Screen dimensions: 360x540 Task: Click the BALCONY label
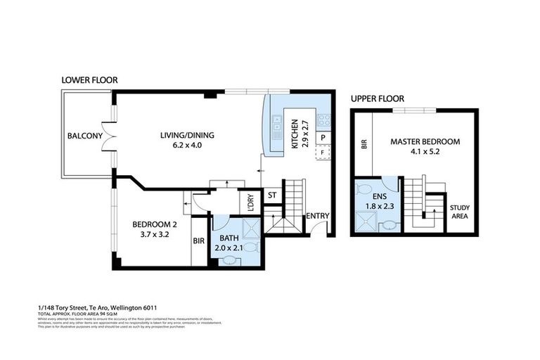[85, 136]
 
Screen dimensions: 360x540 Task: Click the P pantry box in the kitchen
[323, 138]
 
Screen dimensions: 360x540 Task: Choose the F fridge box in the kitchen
[323, 152]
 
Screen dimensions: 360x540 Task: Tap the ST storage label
[271, 195]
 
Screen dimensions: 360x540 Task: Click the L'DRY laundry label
[250, 202]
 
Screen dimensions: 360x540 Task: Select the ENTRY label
[317, 216]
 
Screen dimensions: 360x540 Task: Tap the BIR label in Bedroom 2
[198, 240]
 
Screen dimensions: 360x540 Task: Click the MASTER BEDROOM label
[425, 141]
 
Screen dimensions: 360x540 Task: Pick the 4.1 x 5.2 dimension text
[425, 153]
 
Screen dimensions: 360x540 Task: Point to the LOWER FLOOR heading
[89, 81]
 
